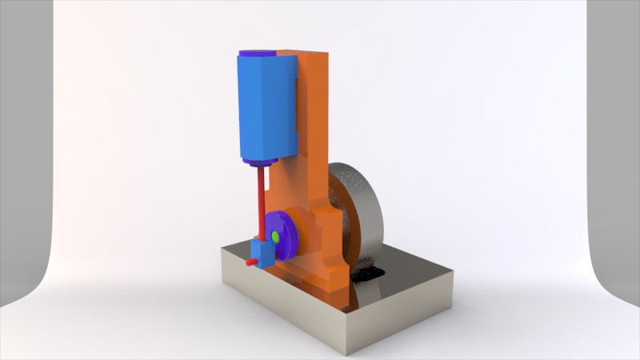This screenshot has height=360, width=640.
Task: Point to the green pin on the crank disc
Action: tap(275, 236)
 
